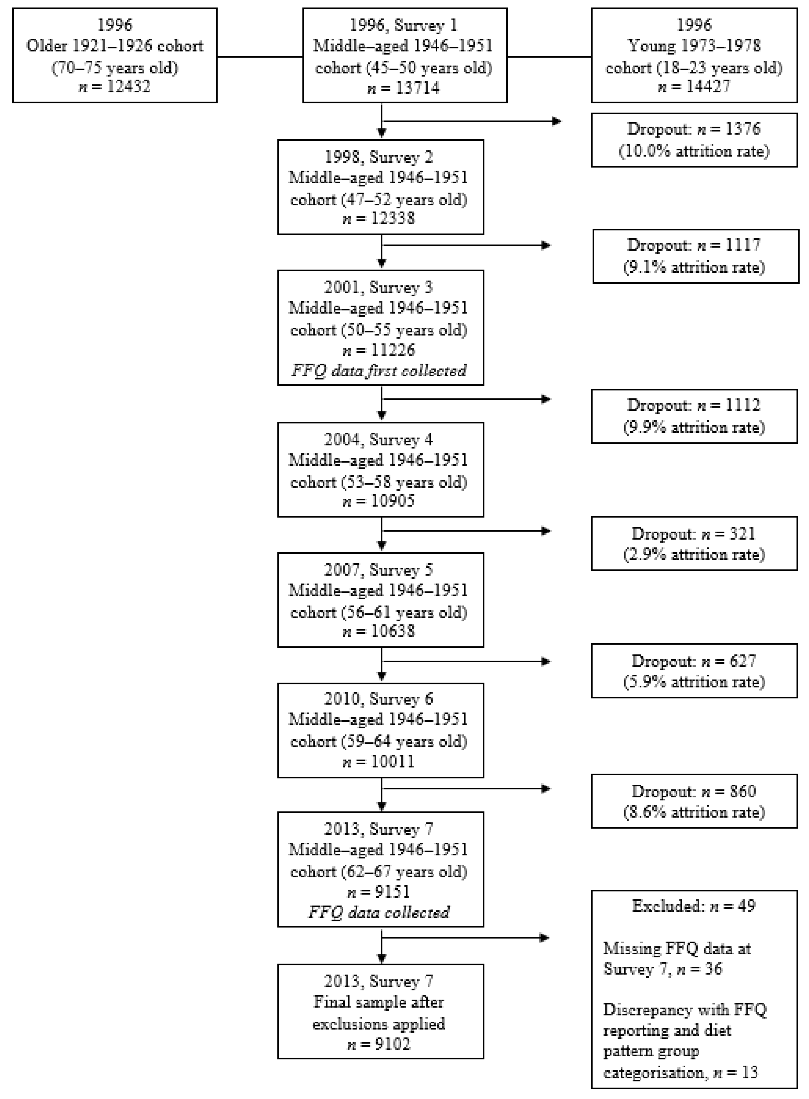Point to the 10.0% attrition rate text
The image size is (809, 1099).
coord(694,151)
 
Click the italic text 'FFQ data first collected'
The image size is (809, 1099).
coord(379,370)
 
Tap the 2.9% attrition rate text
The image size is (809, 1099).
coord(694,555)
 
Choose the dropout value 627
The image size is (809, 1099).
coord(743,661)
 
